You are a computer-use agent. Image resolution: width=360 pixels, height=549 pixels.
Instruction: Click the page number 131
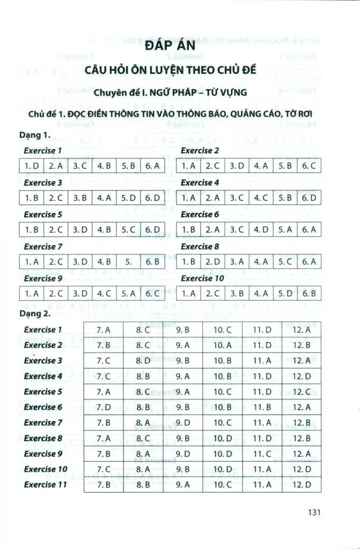tap(314, 512)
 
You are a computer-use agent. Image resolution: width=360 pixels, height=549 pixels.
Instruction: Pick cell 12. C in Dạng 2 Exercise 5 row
tap(302, 391)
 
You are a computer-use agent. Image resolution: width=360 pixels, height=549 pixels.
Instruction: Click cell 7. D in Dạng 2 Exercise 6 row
tap(104, 407)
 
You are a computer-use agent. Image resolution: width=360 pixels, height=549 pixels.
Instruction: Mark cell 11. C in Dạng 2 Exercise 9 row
tap(262, 454)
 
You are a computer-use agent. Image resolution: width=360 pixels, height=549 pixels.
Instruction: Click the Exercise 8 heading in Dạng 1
tap(200, 247)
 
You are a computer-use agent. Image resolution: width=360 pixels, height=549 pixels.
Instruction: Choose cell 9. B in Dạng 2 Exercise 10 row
tap(183, 469)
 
